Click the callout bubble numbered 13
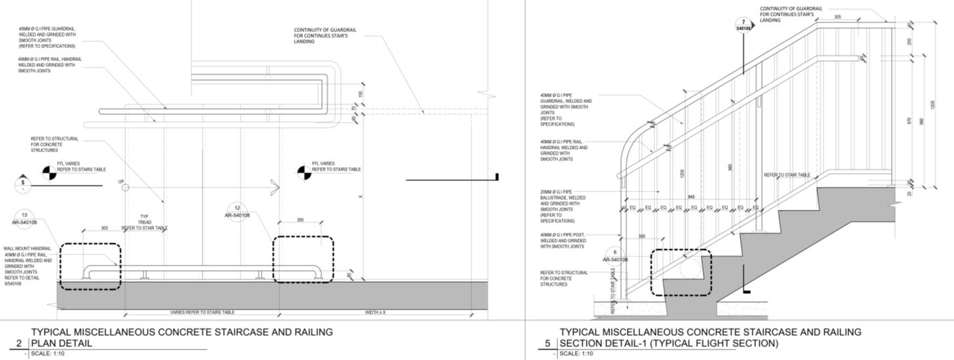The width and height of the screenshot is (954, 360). pos(24,218)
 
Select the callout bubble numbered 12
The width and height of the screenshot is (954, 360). pos(237,211)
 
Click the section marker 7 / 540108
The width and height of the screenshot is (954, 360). pos(744,26)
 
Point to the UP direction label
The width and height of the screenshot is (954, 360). pos(121,182)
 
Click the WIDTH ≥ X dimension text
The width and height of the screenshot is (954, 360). pos(375,313)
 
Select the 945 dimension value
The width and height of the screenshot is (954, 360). pos(691,197)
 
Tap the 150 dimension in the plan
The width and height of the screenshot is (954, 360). pos(361,94)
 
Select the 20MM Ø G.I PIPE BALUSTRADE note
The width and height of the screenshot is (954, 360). pos(563,207)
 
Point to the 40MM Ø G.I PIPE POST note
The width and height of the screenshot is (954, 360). pos(562,241)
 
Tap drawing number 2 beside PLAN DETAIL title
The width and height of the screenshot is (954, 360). pos(19,343)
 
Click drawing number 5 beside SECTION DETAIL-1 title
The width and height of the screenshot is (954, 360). pos(547,343)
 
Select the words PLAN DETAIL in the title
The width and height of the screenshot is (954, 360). pos(62,343)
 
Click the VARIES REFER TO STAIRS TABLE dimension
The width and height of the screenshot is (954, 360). pos(202,313)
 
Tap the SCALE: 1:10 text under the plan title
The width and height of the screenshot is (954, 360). pos(48,354)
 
